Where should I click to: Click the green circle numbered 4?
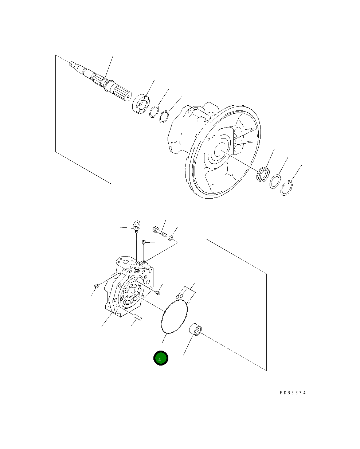coord(161,358)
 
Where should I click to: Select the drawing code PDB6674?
coord(293,393)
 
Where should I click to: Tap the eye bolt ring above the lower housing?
coord(137,224)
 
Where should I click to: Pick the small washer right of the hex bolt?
coord(171,238)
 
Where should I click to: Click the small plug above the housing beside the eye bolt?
coord(144,242)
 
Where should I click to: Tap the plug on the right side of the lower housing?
coord(158,292)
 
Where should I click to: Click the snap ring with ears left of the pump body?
coord(164,116)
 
